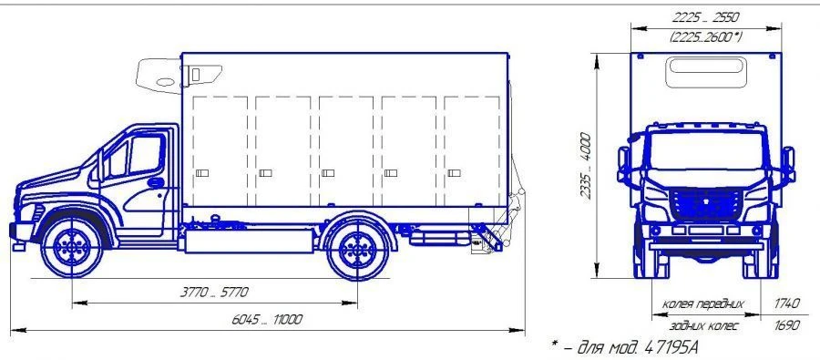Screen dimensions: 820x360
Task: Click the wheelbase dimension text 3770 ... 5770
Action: (214, 292)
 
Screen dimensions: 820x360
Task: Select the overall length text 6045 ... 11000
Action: (267, 320)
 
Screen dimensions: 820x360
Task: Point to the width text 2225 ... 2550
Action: (705, 17)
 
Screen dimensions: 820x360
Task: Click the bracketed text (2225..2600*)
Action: (705, 36)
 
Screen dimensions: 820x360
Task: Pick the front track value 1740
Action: (787, 303)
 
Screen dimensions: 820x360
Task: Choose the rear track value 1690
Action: (787, 325)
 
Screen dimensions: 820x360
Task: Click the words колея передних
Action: (702, 303)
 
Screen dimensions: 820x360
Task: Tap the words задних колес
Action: (704, 325)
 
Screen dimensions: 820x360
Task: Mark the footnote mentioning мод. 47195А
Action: (624, 346)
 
